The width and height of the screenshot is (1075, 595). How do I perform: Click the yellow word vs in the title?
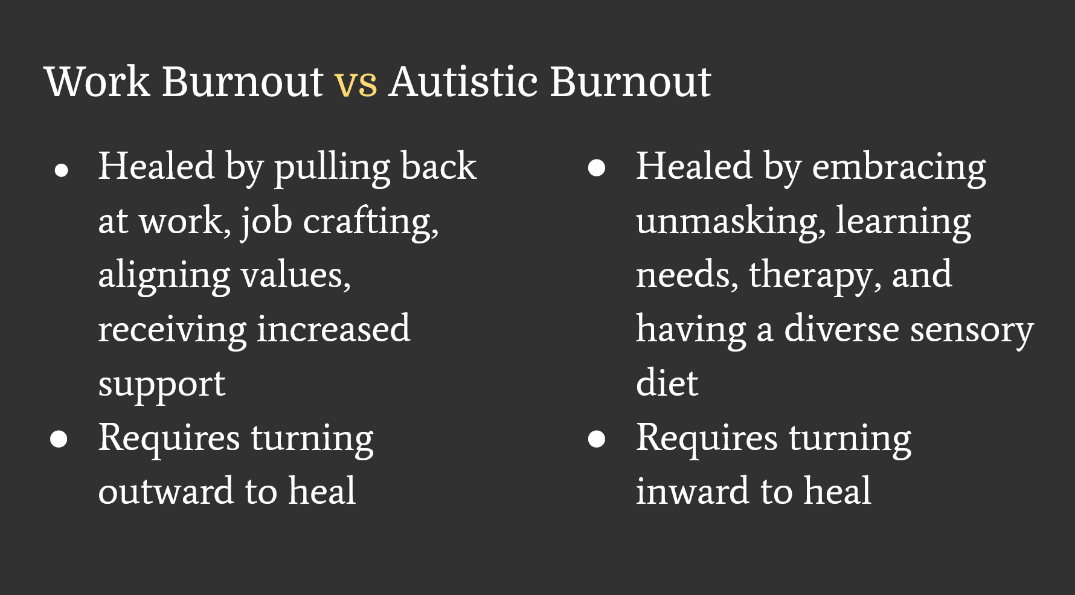click(356, 84)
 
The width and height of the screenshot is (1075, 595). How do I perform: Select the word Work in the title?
click(97, 81)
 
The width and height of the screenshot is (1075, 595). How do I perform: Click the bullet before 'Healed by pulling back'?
click(61, 170)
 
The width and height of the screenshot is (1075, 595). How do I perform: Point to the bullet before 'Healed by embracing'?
click(597, 168)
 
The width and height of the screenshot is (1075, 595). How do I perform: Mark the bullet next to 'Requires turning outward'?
click(59, 439)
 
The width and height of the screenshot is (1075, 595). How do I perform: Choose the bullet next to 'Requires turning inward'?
click(597, 439)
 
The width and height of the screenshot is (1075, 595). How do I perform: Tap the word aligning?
click(164, 277)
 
